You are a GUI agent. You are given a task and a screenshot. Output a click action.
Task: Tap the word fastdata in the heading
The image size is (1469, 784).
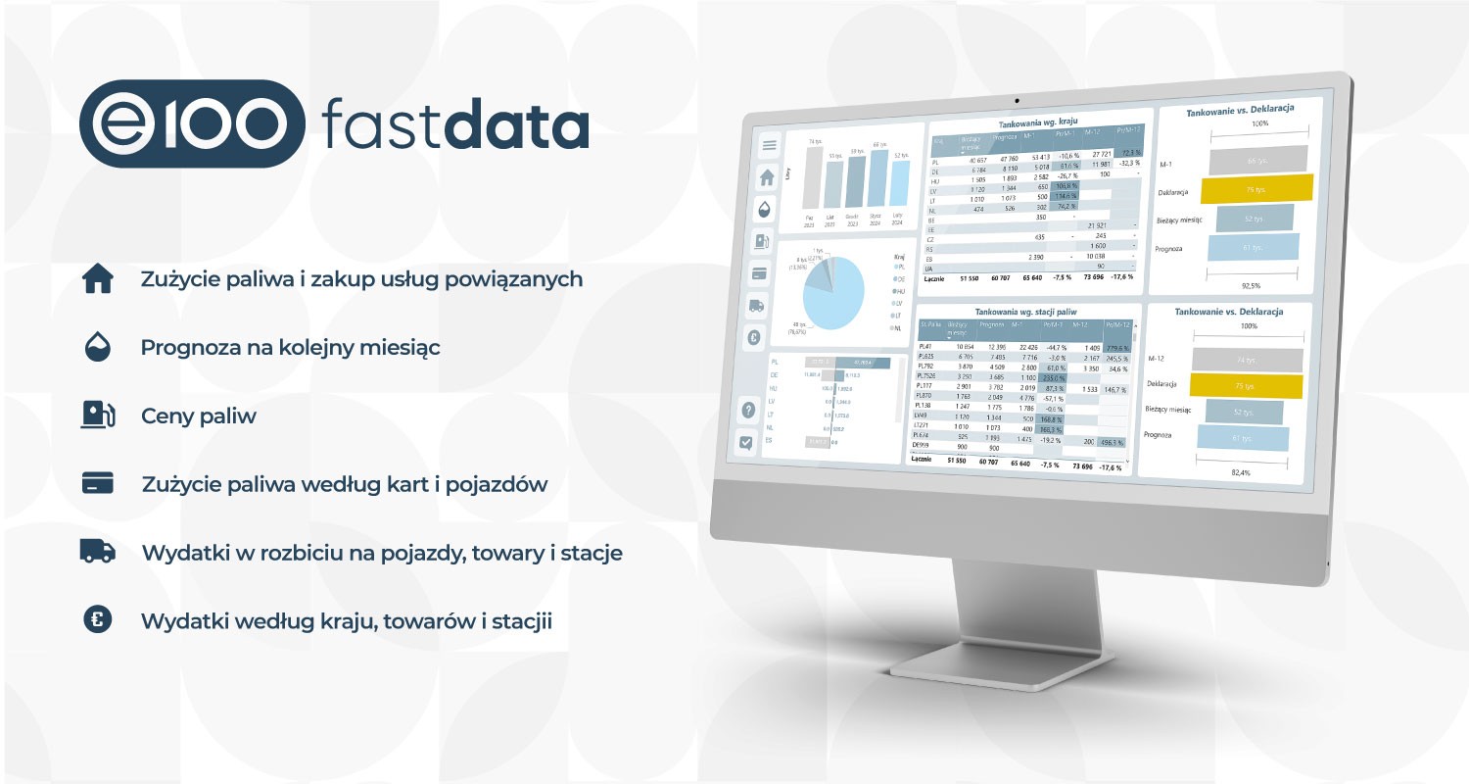point(455,125)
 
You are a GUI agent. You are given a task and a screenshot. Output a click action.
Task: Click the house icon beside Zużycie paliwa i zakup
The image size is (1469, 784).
point(98,279)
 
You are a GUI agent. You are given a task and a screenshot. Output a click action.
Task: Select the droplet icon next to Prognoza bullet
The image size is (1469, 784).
point(98,347)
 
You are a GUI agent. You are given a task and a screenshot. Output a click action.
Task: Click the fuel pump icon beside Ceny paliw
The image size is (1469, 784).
point(98,416)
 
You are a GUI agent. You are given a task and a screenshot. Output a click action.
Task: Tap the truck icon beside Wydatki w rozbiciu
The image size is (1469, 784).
point(98,552)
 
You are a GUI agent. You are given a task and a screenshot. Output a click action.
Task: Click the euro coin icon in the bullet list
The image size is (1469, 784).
point(98,620)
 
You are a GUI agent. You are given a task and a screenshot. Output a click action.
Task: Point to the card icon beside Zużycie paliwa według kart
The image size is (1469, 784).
point(98,483)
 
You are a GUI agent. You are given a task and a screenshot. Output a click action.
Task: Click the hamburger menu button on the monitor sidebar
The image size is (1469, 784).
point(769,145)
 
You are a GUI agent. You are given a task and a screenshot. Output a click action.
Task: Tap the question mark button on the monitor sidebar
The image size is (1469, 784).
point(747,410)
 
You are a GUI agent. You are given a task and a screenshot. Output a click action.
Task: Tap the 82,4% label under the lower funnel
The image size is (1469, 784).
point(1240,473)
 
